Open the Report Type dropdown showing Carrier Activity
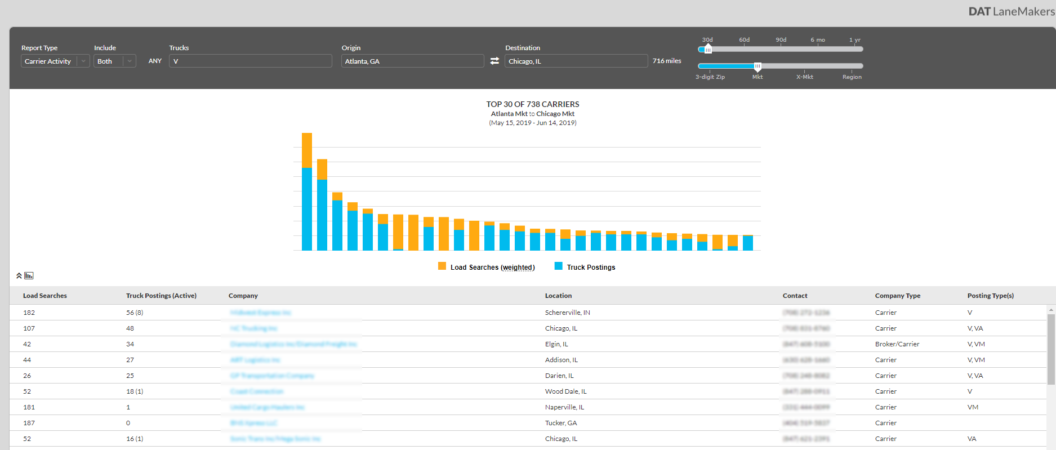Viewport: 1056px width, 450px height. [x=55, y=61]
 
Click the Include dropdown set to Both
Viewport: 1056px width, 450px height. [x=114, y=61]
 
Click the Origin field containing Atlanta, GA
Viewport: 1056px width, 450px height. [x=412, y=61]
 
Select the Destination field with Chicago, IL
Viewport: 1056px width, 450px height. [x=576, y=61]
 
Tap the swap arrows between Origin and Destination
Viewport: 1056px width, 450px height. [x=494, y=61]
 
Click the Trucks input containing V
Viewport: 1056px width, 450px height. [x=250, y=61]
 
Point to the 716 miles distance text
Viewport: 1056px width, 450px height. [x=667, y=61]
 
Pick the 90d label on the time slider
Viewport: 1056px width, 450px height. [x=781, y=40]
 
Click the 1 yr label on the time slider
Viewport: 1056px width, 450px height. [x=854, y=40]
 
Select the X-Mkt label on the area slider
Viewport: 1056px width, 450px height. [x=804, y=77]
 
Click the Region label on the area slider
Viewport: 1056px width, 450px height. [x=852, y=77]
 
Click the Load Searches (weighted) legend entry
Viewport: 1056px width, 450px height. [x=492, y=268]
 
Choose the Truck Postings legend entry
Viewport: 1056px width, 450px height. [x=590, y=268]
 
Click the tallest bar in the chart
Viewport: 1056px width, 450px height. [x=307, y=191]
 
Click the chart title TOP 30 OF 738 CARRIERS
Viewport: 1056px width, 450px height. [x=532, y=104]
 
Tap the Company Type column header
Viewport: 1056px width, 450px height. [x=897, y=296]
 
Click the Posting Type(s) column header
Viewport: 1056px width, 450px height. [x=990, y=296]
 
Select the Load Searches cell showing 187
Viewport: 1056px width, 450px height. [x=29, y=423]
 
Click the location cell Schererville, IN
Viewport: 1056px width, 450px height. [x=567, y=313]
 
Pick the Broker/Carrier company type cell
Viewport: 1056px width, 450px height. [x=897, y=344]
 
